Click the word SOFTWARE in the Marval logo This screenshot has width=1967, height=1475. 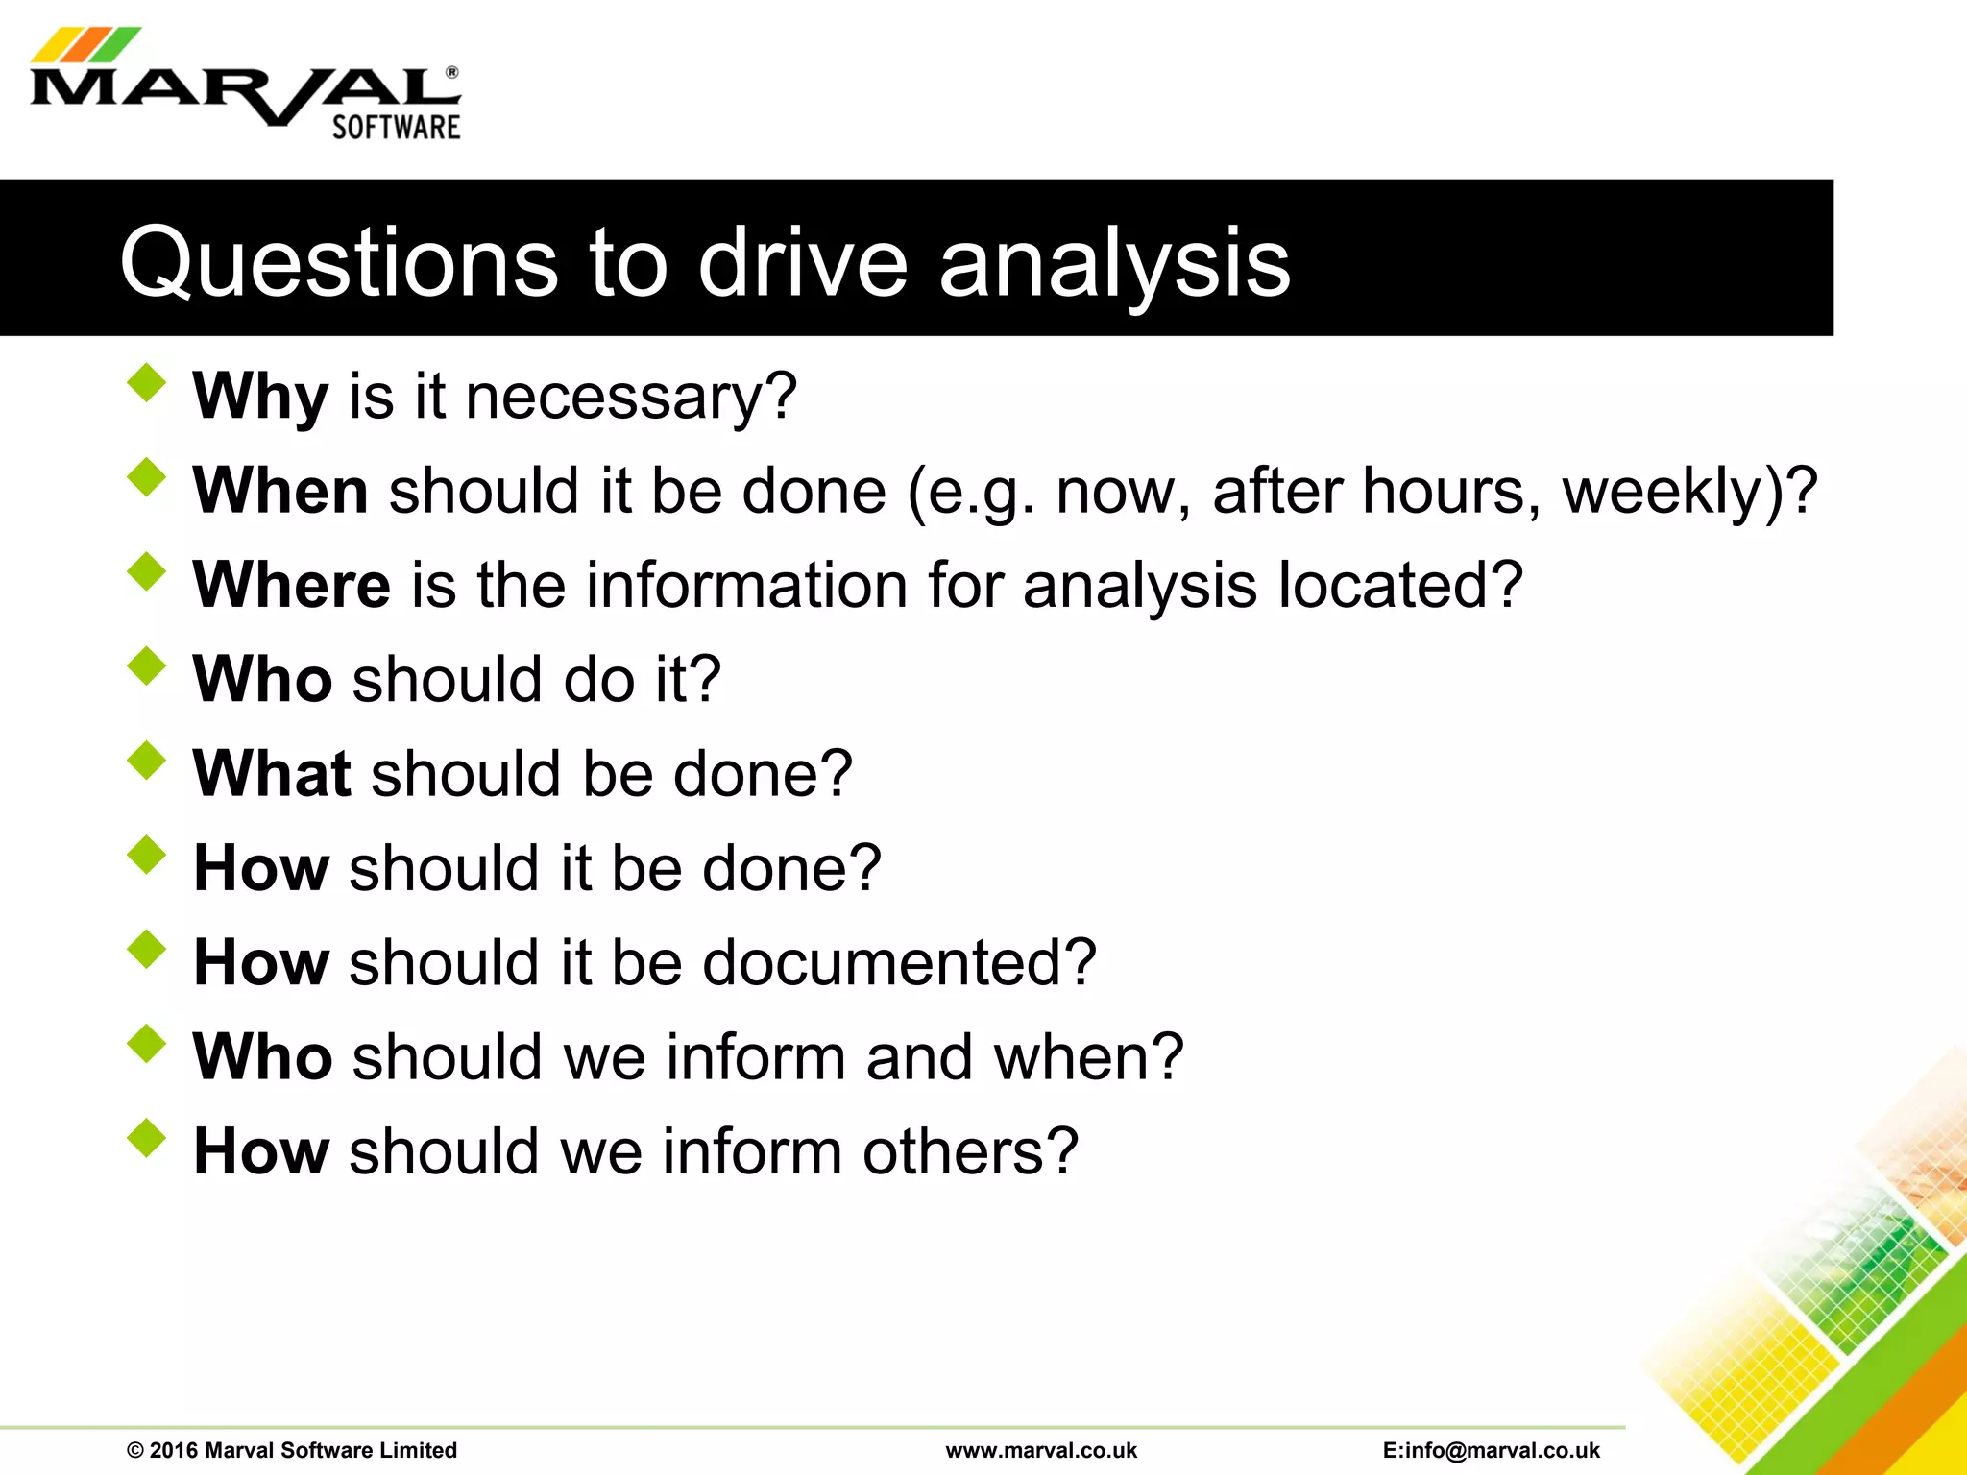point(396,128)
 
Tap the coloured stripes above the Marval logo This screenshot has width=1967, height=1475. point(85,44)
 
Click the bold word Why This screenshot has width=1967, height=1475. point(260,397)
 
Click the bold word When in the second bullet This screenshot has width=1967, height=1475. point(279,491)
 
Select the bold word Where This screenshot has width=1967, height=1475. point(291,585)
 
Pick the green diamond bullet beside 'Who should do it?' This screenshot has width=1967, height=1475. point(146,665)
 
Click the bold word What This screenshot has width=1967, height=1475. point(272,773)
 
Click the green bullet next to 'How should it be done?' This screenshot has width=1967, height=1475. point(146,854)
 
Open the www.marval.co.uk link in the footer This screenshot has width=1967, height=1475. point(1041,1450)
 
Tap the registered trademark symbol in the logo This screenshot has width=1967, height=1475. point(451,72)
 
